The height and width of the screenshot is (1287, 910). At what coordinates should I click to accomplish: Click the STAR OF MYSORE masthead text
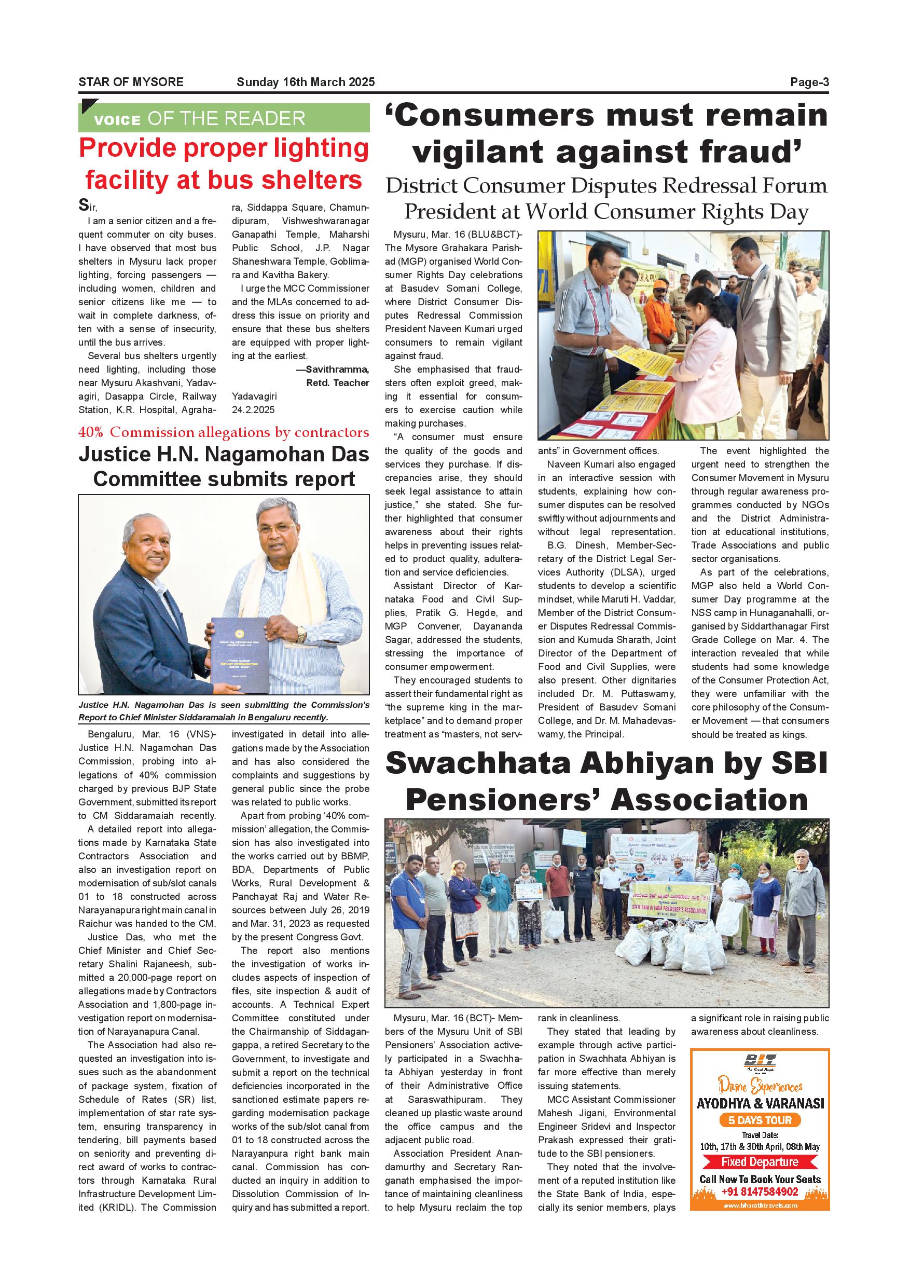[x=131, y=82]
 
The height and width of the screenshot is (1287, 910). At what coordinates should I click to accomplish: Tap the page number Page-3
[x=809, y=82]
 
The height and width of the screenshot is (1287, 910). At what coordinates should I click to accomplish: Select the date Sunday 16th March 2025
[x=306, y=82]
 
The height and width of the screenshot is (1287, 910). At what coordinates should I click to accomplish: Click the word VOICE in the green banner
[x=117, y=119]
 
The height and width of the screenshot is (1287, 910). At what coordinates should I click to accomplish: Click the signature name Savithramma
[x=337, y=369]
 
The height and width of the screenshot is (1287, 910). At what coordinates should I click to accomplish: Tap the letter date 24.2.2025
[x=253, y=410]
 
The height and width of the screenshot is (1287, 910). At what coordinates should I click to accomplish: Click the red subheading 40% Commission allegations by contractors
[x=224, y=432]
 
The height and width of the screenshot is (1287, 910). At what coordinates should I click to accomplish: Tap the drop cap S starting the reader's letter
[x=83, y=205]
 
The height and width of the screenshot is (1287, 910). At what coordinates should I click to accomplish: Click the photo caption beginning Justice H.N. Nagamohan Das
[x=224, y=711]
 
